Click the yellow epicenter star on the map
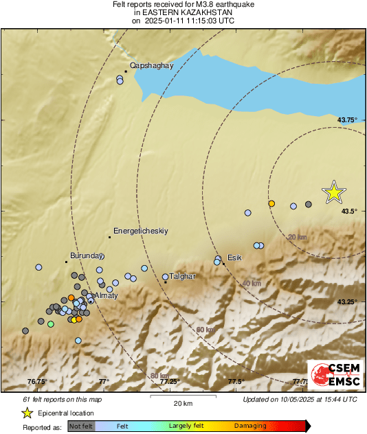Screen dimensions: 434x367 [333, 193]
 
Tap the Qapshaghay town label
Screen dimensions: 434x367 [151, 65]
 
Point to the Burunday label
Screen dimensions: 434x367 [86, 253]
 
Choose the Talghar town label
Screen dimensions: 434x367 [183, 276]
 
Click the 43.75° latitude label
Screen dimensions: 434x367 [347, 120]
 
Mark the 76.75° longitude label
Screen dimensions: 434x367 [38, 382]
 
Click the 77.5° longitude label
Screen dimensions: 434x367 [236, 382]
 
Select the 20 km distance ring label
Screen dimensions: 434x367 [297, 237]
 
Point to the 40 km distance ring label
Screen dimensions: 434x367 [252, 283]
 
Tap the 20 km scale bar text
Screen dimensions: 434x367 [182, 403]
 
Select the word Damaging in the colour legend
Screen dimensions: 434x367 [249, 426]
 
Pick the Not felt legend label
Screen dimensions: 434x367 [80, 426]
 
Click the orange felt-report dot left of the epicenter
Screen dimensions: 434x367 [271, 204]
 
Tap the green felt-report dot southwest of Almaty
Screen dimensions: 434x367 [50, 323]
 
